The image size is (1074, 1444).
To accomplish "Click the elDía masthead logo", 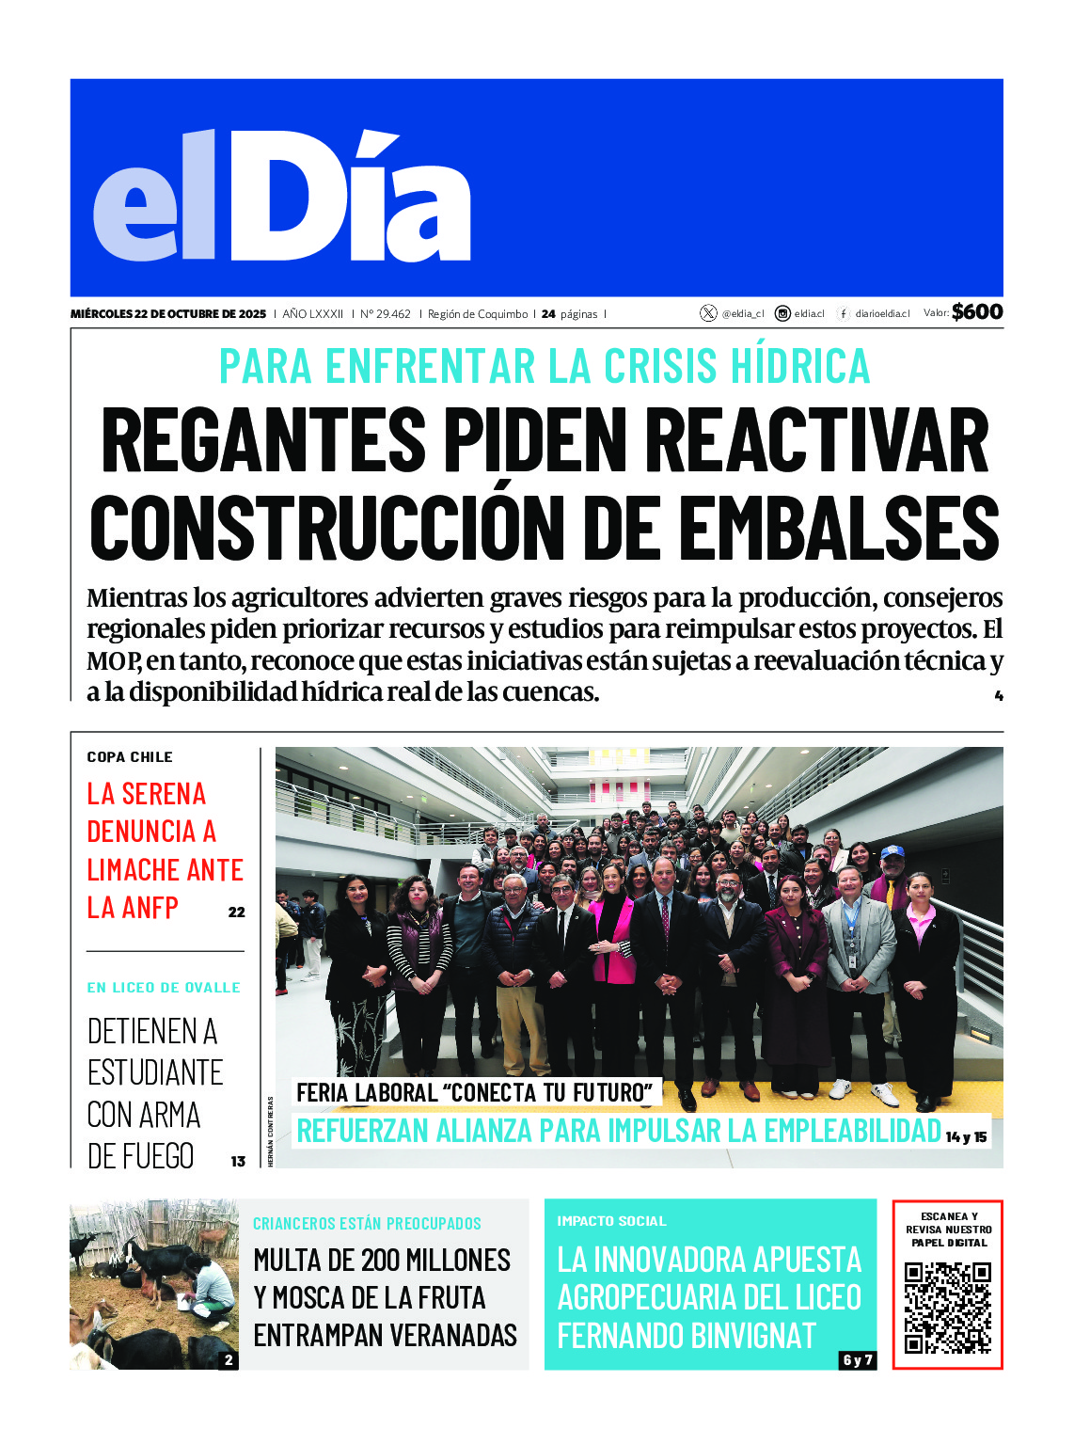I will point(282,196).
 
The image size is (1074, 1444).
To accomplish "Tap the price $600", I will point(977,312).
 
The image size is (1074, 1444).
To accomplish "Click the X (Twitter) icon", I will point(708,313).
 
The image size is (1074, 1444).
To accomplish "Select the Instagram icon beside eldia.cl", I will point(782,313).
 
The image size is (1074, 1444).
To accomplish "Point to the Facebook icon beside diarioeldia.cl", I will point(844,313).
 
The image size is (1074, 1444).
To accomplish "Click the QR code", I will point(947,1308).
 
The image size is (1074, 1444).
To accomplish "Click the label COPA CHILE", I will point(130,757).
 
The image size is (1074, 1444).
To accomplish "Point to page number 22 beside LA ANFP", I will point(237,912).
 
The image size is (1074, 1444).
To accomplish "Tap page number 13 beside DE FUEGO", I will point(238,1162).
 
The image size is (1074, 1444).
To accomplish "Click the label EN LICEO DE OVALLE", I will point(164,988).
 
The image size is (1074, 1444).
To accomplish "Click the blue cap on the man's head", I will point(892,851).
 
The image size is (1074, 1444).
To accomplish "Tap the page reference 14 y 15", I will point(967,1137).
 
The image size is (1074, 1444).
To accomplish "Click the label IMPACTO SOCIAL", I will point(611,1221).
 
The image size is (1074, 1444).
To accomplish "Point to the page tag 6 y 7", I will point(857,1360).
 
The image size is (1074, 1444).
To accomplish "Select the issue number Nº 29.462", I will point(386,314).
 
